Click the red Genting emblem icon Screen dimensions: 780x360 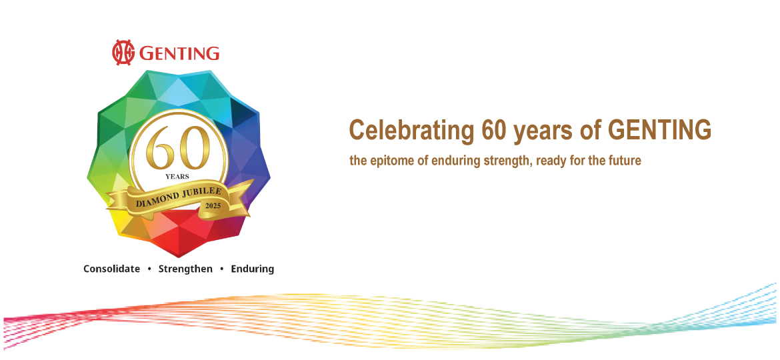pyautogui.click(x=124, y=53)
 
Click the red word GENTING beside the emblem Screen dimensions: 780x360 pyautogui.click(x=179, y=53)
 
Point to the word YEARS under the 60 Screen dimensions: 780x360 pyautogui.click(x=177, y=177)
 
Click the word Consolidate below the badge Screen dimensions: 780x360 pyautogui.click(x=111, y=269)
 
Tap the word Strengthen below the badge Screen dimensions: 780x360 pyautogui.click(x=185, y=269)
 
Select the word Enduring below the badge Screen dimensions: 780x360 pyautogui.click(x=252, y=269)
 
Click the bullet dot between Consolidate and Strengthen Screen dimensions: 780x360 pyautogui.click(x=149, y=269)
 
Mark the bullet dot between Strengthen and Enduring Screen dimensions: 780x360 pyautogui.click(x=222, y=269)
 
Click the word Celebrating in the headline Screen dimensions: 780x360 pyautogui.click(x=411, y=130)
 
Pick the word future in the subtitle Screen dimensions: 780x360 pyautogui.click(x=624, y=161)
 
